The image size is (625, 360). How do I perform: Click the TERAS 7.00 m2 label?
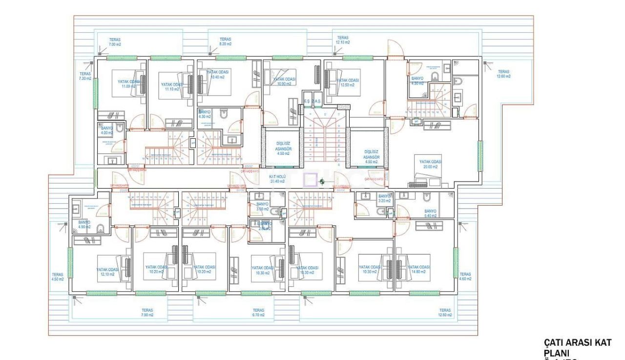(115, 42)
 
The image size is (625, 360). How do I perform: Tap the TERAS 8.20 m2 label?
(225, 42)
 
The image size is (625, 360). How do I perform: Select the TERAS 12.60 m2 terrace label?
(503, 74)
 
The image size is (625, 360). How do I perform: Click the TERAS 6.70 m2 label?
(258, 313)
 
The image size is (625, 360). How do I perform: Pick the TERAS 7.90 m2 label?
(147, 313)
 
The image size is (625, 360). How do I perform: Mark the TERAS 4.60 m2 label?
(465, 276)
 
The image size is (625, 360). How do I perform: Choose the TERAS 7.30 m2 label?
(85, 76)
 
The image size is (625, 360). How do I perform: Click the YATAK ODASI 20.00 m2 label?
(430, 164)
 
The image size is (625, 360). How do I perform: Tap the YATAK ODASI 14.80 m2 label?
(419, 269)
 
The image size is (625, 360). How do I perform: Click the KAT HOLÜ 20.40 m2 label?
(278, 178)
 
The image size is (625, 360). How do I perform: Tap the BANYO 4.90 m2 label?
(84, 224)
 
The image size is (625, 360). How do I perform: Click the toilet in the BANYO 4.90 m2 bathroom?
(101, 228)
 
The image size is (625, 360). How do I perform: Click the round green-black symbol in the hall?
(322, 182)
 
